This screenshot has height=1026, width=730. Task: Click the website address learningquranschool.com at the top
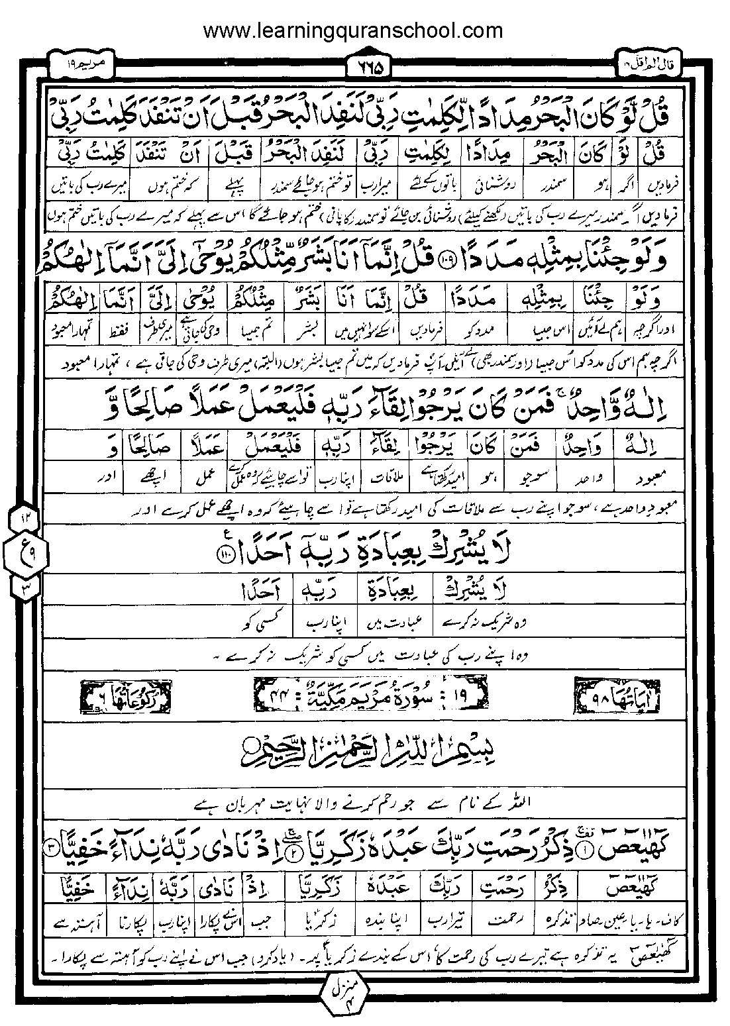pyautogui.click(x=352, y=30)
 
